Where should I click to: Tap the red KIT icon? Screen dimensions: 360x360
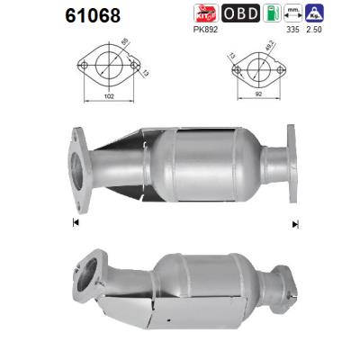click(206, 13)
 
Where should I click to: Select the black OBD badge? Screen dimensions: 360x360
click(239, 13)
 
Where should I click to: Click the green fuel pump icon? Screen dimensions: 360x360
click(270, 13)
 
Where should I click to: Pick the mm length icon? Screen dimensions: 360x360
click(292, 13)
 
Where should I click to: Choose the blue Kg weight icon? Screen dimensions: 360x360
click(315, 13)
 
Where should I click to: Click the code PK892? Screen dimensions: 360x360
click(205, 28)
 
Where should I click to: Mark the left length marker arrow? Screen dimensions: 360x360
click(76, 222)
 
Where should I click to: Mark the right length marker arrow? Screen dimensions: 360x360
click(293, 222)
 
